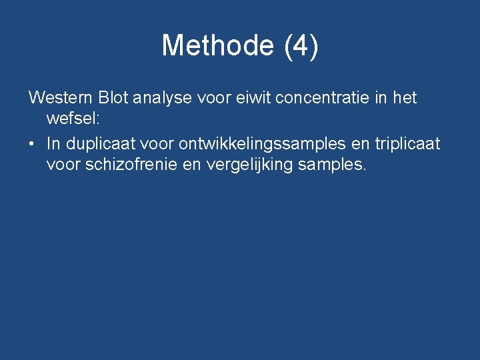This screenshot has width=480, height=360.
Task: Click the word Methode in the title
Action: [217, 46]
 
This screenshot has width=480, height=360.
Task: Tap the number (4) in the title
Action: [301, 46]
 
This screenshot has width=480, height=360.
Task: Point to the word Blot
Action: [113, 98]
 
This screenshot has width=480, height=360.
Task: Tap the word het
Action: [405, 98]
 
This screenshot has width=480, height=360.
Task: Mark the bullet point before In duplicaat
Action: [33, 144]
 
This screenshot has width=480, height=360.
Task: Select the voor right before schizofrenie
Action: [63, 164]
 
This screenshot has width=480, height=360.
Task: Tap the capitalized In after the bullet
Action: [52, 143]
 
